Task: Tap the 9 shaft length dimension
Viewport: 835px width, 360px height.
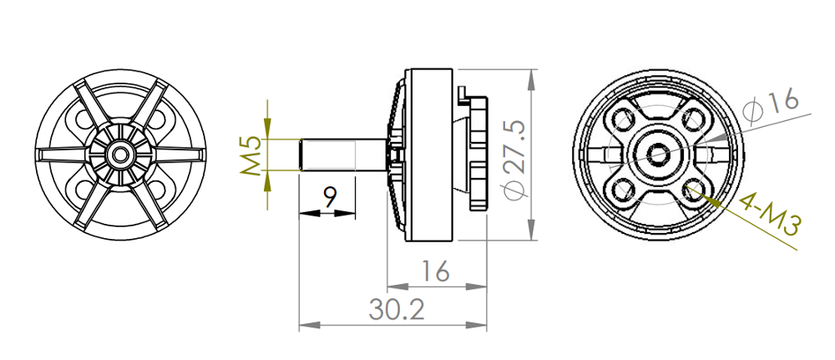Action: (x=330, y=197)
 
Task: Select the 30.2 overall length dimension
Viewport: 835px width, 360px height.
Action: (x=396, y=310)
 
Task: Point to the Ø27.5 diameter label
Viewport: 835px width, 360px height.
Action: (x=515, y=159)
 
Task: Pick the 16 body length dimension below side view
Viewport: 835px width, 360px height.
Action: (x=435, y=271)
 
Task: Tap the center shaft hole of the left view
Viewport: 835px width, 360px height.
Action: (x=122, y=154)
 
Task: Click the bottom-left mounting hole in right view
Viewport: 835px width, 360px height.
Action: (x=624, y=190)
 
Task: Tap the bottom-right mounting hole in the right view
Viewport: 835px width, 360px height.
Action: (x=693, y=190)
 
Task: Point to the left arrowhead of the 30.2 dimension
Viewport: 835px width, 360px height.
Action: (x=306, y=325)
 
